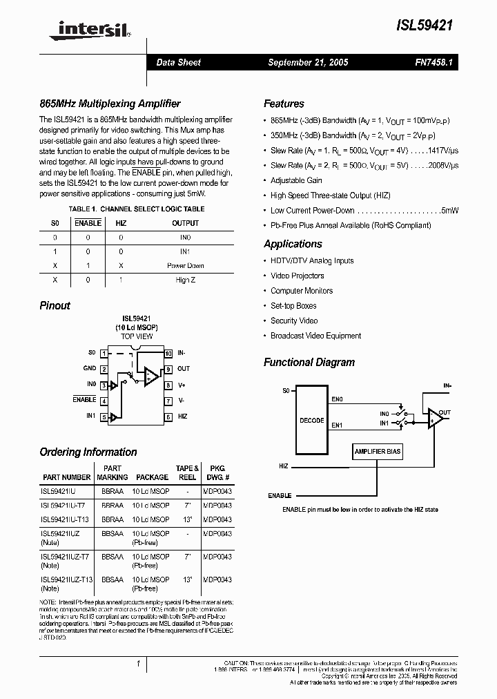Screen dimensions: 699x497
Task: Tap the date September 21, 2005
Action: click(x=308, y=62)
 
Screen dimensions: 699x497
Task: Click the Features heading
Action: click(x=284, y=104)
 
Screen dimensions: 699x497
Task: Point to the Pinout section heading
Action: click(x=55, y=305)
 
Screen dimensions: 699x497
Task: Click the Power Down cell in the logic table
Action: click(x=185, y=266)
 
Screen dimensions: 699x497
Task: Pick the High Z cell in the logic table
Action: click(x=185, y=280)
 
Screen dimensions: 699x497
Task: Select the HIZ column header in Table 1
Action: click(x=121, y=223)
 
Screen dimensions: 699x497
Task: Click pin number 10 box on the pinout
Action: click(x=168, y=353)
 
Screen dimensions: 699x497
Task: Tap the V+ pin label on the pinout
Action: click(x=182, y=385)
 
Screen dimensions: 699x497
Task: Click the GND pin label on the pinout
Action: click(x=90, y=369)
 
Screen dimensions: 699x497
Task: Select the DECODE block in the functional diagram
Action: click(x=312, y=419)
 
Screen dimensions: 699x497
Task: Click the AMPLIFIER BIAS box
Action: click(x=378, y=451)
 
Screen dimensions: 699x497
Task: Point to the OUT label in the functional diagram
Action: click(x=445, y=413)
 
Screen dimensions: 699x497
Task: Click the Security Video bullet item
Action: click(x=294, y=320)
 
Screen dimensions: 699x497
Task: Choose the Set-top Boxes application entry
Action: click(x=293, y=305)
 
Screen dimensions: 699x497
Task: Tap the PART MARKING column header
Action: click(x=113, y=472)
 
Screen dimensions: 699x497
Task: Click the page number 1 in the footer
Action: click(x=139, y=664)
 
